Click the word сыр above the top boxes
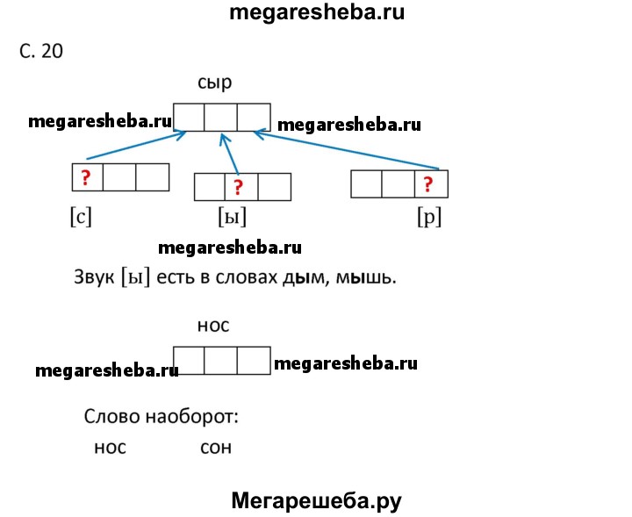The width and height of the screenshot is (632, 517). (215, 84)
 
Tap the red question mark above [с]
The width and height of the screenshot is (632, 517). (86, 177)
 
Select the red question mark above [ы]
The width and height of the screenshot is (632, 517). (240, 187)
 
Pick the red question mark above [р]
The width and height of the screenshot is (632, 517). (428, 183)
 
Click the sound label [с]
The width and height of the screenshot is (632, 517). (81, 216)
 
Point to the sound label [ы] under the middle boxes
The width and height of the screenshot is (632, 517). (232, 216)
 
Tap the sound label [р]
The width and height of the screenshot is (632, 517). (429, 216)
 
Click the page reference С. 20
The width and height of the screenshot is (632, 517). (41, 51)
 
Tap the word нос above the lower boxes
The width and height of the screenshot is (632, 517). (213, 326)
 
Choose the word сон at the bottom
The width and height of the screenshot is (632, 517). (216, 447)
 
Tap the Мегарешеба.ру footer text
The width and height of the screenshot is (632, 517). (316, 500)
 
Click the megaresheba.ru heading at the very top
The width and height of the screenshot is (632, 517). (317, 12)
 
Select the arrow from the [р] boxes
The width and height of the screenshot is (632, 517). (347, 149)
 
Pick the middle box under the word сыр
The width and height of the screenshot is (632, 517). (221, 117)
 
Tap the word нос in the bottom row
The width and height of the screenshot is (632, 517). (110, 447)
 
